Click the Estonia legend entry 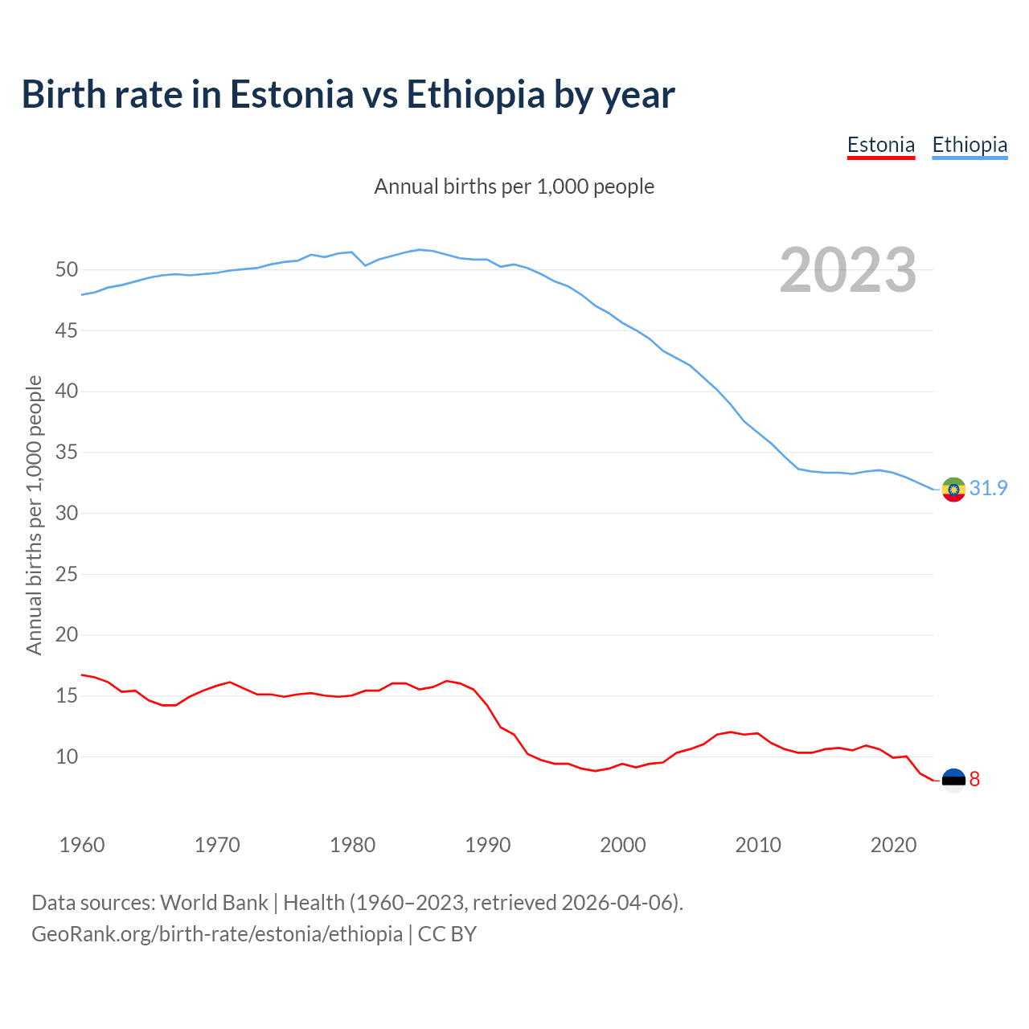(x=881, y=145)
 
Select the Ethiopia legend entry (x=970, y=145)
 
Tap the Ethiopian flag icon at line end (x=953, y=489)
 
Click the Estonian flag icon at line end (x=953, y=780)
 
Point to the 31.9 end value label (x=988, y=489)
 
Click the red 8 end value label (x=974, y=780)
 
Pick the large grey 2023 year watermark (x=848, y=270)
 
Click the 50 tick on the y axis (x=67, y=270)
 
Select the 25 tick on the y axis (x=67, y=575)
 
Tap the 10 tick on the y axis (x=67, y=757)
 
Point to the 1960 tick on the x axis (x=82, y=845)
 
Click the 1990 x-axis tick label (x=488, y=845)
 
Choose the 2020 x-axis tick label (x=893, y=845)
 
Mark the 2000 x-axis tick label (x=623, y=845)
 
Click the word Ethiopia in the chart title (x=476, y=95)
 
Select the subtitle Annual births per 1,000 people (x=514, y=187)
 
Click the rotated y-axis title (x=34, y=514)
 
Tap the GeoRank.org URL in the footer (x=217, y=934)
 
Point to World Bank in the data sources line (x=214, y=903)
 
